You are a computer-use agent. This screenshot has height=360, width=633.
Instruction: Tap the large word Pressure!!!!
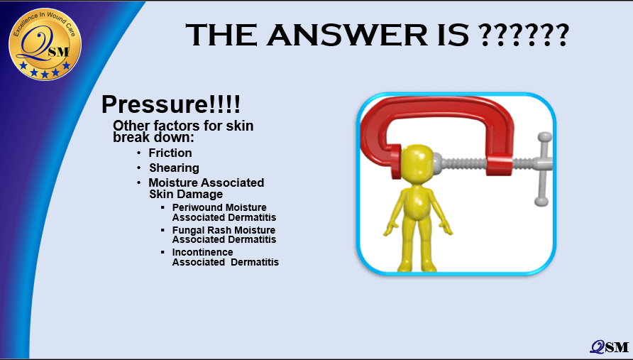pyautogui.click(x=171, y=104)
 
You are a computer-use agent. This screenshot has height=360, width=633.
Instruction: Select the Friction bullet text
pyautogui.click(x=170, y=153)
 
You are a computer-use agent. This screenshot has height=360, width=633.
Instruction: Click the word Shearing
pyautogui.click(x=174, y=168)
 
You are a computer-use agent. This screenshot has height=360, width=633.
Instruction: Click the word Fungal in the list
pyautogui.click(x=187, y=230)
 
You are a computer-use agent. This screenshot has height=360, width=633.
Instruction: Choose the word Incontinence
pyautogui.click(x=203, y=252)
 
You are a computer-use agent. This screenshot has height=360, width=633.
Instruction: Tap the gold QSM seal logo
pyautogui.click(x=45, y=44)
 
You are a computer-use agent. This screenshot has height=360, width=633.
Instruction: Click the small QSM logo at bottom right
pyautogui.click(x=609, y=347)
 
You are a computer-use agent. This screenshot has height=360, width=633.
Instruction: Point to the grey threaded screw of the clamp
pyautogui.click(x=461, y=164)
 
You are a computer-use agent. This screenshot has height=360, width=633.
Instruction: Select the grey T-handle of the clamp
pyautogui.click(x=544, y=169)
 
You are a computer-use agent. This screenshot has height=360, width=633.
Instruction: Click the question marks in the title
pyautogui.click(x=524, y=35)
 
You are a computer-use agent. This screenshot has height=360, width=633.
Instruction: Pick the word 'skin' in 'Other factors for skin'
pyautogui.click(x=239, y=126)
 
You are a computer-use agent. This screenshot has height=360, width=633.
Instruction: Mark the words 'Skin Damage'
pyautogui.click(x=186, y=194)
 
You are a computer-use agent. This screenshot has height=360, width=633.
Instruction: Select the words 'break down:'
pyautogui.click(x=153, y=137)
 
